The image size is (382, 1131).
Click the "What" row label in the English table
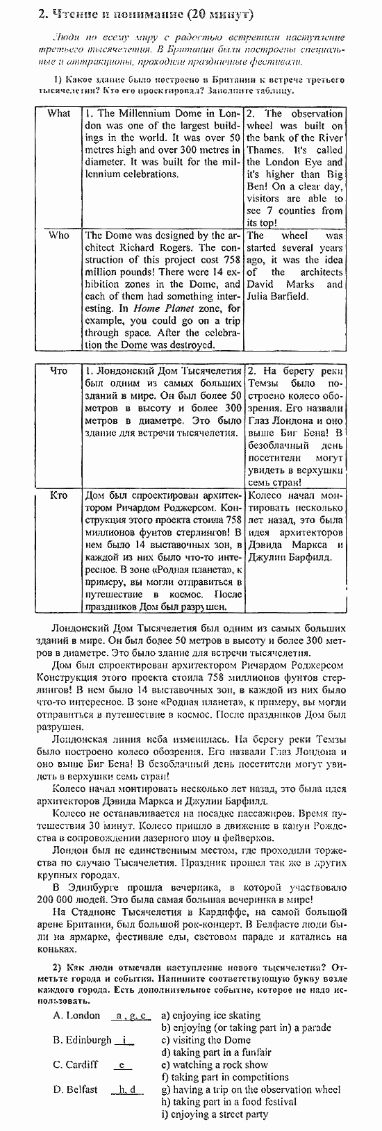click(58, 113)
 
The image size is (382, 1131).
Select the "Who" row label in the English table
click(58, 236)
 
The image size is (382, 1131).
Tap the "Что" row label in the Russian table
click(59, 371)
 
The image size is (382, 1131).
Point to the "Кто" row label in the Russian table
click(59, 495)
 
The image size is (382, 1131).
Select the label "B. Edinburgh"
click(82, 1040)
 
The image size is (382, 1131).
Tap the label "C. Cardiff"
click(76, 1064)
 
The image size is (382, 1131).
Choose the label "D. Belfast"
click(75, 1089)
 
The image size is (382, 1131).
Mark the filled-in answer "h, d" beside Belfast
click(127, 1089)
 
